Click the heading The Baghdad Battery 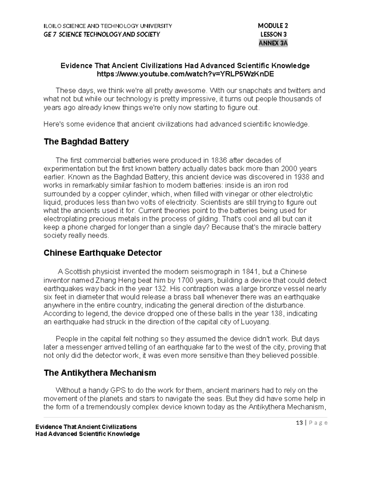click(86, 142)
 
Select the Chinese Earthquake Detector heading click(102, 253)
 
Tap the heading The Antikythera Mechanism click(100, 373)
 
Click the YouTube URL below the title click(185, 74)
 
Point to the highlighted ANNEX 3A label click(273, 43)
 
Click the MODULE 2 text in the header click(273, 26)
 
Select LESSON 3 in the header click(274, 34)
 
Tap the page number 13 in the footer click(299, 423)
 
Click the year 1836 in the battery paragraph click(219, 160)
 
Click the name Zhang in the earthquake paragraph click(104, 280)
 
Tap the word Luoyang click(257, 322)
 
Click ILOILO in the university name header click(53, 26)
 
